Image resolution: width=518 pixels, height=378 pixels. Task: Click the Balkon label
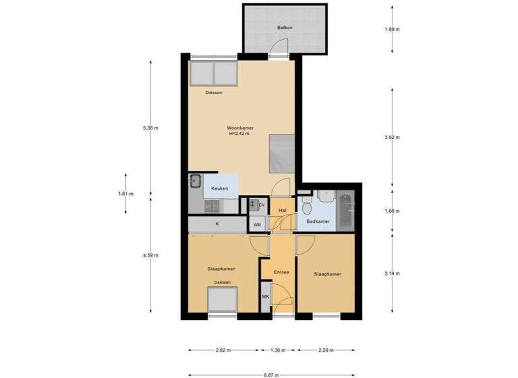[x=284, y=28]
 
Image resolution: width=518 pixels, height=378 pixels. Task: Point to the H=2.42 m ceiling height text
[x=239, y=134]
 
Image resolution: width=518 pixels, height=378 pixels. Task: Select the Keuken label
[x=220, y=188]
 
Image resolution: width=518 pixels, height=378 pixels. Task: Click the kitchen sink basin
[x=196, y=181]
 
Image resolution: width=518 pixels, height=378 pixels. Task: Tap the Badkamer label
[x=317, y=221]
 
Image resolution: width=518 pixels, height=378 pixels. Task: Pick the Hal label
[x=282, y=211]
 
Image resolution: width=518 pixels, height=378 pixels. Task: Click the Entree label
[x=281, y=272]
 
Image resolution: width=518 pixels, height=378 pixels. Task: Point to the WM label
[x=257, y=224]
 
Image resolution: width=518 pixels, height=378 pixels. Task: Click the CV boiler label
[x=261, y=205]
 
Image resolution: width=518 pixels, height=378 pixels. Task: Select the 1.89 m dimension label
[x=393, y=30]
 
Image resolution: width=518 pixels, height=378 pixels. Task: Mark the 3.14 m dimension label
[x=393, y=273]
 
